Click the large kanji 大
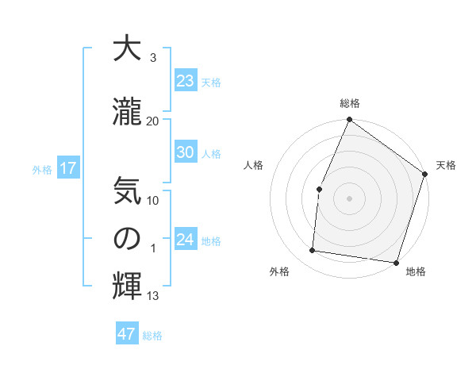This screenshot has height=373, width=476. [127, 49]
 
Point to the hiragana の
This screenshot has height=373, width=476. [127, 239]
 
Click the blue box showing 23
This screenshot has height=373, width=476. [185, 81]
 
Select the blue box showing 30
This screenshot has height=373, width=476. [185, 152]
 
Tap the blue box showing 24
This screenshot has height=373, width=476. [185, 240]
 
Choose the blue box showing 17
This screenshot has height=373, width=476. [67, 168]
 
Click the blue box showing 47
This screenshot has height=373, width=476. [127, 334]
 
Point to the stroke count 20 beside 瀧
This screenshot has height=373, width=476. [153, 121]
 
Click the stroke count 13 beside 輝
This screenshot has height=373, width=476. [153, 296]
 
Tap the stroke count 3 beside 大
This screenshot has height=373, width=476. [152, 58]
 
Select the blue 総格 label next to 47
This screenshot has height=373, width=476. [152, 336]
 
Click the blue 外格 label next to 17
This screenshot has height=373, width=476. [41, 169]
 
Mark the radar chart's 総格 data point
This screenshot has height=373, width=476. [349, 120]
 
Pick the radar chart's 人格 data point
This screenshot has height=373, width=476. [319, 189]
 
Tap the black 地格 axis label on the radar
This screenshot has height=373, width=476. [416, 272]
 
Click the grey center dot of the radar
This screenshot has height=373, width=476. [349, 198]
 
